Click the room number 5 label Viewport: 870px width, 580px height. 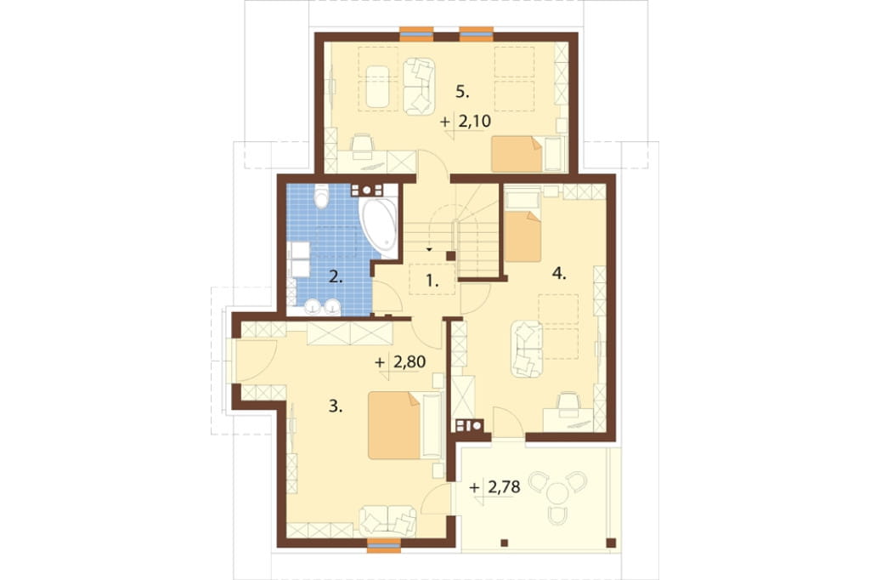pyautogui.click(x=462, y=92)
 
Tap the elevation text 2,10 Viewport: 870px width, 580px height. pyautogui.click(x=474, y=121)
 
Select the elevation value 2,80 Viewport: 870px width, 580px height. pyautogui.click(x=410, y=362)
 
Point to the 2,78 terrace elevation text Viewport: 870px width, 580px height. pyautogui.click(x=504, y=487)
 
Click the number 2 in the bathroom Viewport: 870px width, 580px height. pyautogui.click(x=335, y=276)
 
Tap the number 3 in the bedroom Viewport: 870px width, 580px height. pyautogui.click(x=335, y=407)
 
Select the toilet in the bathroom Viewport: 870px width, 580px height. pyautogui.click(x=321, y=196)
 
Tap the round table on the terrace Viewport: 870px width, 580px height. pyautogui.click(x=556, y=492)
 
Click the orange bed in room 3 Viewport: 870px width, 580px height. pyautogui.click(x=394, y=425)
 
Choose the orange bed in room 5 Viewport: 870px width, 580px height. pyautogui.click(x=517, y=155)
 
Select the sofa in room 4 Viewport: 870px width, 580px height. pyautogui.click(x=527, y=349)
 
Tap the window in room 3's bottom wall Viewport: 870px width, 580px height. pyautogui.click(x=384, y=545)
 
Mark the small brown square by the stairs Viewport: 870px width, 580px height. pyautogui.click(x=451, y=256)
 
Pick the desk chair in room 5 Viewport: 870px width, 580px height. pyautogui.click(x=362, y=143)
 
